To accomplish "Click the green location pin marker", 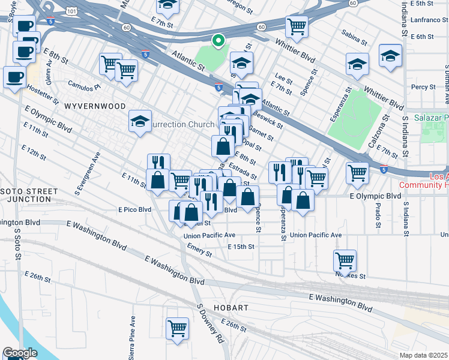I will [219, 41].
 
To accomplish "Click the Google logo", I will [20, 353].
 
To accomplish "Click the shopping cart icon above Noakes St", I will [345, 260].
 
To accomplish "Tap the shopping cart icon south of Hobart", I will [177, 328].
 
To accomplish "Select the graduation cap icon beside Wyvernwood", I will [140, 122].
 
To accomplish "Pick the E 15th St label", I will [241, 247].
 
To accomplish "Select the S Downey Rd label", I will [210, 323].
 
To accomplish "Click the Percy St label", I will [423, 87].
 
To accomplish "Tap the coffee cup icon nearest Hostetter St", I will [14, 77].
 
